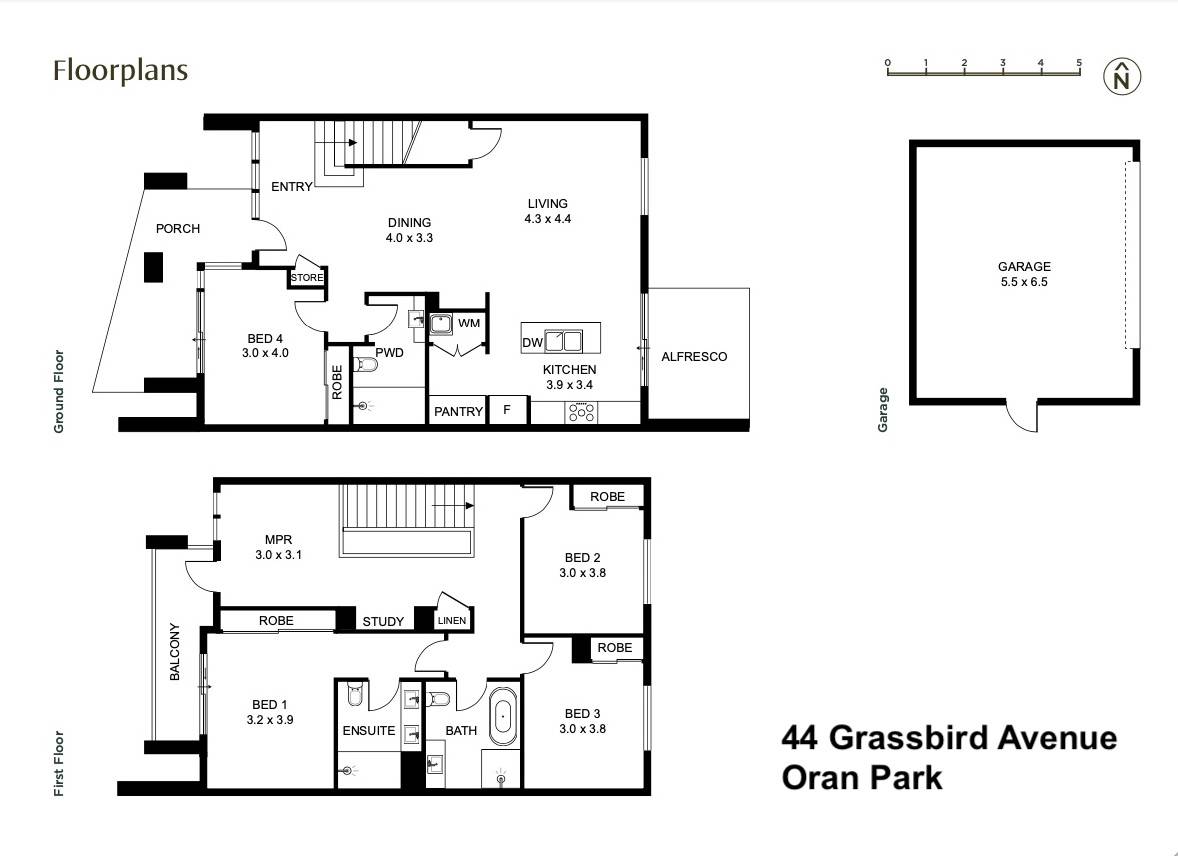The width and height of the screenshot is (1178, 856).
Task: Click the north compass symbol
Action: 1122,77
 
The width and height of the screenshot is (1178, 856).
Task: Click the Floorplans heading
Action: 120,71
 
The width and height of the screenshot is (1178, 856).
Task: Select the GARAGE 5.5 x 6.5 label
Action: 1023,274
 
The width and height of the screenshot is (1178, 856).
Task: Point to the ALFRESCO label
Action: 694,357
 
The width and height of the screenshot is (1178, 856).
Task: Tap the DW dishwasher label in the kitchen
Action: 532,343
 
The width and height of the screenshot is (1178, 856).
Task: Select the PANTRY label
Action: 458,411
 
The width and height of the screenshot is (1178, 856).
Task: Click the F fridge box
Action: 508,411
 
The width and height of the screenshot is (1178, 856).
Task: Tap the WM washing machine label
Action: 469,323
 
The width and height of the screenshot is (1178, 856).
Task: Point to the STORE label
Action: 306,277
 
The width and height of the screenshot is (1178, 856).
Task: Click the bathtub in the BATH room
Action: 503,715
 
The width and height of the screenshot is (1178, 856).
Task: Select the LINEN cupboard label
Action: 451,621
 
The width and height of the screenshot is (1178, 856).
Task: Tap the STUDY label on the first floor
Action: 383,621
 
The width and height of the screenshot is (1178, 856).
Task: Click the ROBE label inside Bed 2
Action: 607,496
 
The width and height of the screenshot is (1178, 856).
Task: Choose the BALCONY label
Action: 175,652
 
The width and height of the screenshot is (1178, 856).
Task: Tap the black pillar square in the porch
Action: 153,267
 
